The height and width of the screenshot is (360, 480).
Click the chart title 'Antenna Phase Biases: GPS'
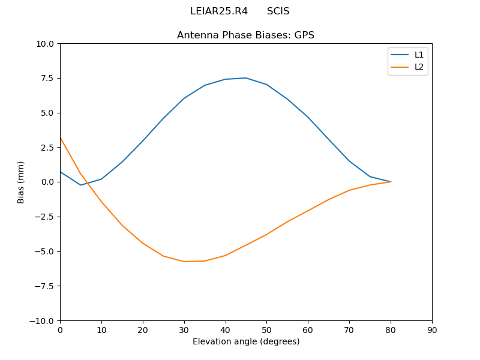point(245,35)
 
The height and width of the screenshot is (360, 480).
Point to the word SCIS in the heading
point(278,11)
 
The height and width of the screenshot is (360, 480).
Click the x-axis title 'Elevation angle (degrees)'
point(245,342)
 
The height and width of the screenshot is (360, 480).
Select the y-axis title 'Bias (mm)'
point(21,182)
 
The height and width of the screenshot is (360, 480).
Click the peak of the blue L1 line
point(245,78)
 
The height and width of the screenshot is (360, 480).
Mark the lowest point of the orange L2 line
point(184,262)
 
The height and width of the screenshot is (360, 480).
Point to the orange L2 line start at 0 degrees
point(61,138)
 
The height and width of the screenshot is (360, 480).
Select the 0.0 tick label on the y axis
point(46,182)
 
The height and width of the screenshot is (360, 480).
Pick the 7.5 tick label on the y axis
point(46,78)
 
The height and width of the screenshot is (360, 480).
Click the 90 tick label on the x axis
point(431,330)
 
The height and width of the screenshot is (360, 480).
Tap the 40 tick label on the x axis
point(225,330)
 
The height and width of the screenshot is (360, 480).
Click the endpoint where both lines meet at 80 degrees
point(391,182)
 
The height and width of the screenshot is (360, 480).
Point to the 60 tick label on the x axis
point(308,330)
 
